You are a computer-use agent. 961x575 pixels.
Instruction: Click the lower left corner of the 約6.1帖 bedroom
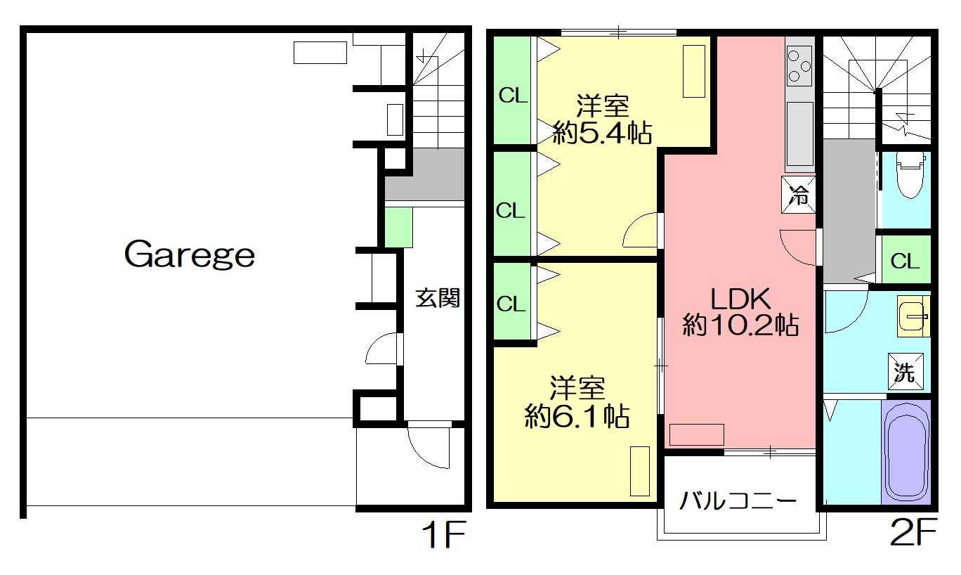click(x=494, y=502)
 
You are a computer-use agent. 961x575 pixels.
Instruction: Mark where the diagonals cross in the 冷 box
click(x=799, y=195)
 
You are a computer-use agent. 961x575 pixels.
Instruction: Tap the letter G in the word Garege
click(x=139, y=254)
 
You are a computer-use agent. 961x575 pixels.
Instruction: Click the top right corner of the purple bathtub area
click(x=931, y=400)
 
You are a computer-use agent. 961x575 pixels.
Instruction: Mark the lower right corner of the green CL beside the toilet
click(x=931, y=283)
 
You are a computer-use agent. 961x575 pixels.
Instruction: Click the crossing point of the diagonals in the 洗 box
click(x=906, y=371)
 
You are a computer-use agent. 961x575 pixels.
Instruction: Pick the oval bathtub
click(x=906, y=452)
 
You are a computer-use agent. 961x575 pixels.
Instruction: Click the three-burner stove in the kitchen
click(x=799, y=66)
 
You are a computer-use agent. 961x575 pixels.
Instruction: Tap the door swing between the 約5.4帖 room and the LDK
click(x=640, y=230)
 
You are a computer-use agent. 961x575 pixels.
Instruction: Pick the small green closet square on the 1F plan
click(x=398, y=228)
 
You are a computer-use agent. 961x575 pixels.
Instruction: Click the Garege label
click(x=190, y=254)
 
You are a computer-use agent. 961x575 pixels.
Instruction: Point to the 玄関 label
click(x=438, y=298)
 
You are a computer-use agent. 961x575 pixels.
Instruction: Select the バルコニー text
click(x=738, y=500)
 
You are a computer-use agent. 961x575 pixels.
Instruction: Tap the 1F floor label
click(x=444, y=534)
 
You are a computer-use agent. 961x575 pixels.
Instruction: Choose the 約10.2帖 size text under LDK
click(x=740, y=325)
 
